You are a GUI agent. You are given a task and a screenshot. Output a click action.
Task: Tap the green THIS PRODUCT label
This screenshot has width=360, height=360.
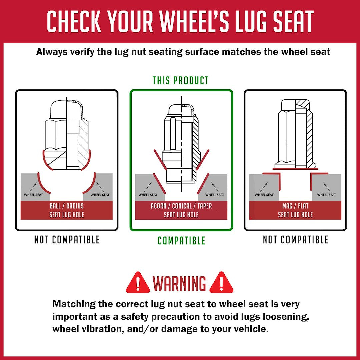(181, 81)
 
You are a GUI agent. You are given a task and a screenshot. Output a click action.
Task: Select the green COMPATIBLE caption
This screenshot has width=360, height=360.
(181, 241)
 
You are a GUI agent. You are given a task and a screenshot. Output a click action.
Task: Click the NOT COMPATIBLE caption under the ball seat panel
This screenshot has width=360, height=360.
(67, 239)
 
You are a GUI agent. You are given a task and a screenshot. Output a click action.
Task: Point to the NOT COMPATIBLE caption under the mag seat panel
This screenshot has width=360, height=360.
(295, 239)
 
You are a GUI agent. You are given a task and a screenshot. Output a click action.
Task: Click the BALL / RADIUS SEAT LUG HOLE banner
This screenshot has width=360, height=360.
(67, 210)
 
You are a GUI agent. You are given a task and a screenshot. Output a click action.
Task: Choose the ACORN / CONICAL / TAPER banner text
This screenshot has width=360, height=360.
(181, 206)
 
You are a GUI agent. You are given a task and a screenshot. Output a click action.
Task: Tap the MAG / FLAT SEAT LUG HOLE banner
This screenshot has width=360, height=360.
(295, 210)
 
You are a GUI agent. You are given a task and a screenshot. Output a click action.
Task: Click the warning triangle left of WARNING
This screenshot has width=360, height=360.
(138, 283)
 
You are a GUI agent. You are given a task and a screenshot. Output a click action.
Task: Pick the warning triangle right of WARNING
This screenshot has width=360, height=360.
(221, 283)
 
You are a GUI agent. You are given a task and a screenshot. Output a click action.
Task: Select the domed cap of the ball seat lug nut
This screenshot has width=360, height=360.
(67, 110)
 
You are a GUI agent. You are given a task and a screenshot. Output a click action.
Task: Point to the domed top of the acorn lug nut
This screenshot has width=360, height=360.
(181, 110)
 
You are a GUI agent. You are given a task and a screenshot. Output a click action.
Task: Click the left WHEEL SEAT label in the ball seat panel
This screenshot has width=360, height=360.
(33, 195)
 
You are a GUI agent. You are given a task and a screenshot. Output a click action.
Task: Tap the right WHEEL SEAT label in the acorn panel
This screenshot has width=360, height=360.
(215, 195)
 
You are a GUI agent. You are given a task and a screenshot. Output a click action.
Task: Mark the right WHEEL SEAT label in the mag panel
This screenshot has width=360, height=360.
(326, 195)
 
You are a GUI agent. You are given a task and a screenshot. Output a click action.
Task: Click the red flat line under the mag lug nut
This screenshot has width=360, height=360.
(295, 169)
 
